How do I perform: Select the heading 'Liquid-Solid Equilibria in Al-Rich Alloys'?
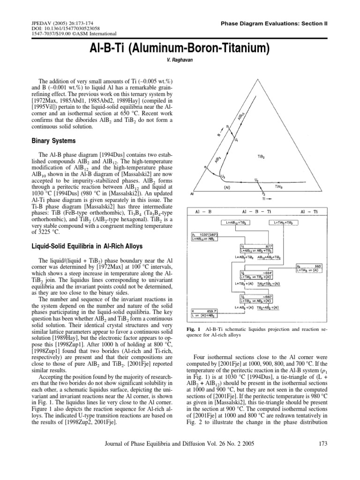[82, 246]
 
